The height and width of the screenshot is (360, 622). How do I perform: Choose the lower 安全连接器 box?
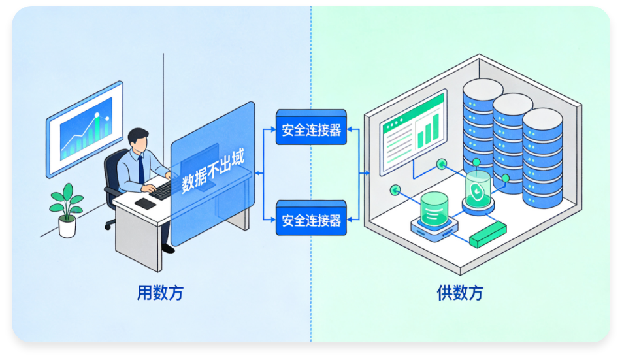pyautogui.click(x=311, y=221)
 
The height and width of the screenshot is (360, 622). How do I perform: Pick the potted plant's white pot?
pyautogui.click(x=67, y=226)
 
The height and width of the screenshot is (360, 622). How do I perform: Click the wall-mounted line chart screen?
pyautogui.click(x=85, y=128)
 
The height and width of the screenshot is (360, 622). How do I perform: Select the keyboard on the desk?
pyautogui.click(x=160, y=189)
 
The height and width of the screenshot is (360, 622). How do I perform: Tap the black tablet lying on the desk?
pyautogui.click(x=145, y=203)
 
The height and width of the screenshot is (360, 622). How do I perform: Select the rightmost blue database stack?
pyautogui.click(x=542, y=157)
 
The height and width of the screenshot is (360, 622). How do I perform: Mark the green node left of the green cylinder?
pyautogui.click(x=394, y=190)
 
